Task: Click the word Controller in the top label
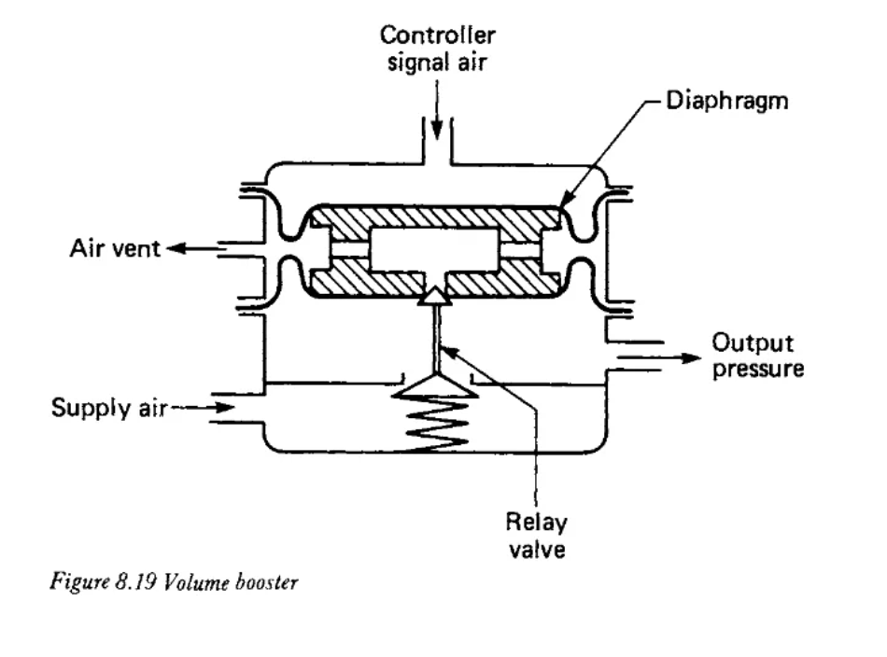437,35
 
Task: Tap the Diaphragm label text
727,102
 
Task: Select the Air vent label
115,248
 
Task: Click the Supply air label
109,408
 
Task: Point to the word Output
753,343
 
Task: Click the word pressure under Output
758,369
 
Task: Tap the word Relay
536,523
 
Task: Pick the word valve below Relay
537,549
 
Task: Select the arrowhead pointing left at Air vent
176,248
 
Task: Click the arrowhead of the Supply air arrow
225,407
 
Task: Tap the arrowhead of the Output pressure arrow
691,358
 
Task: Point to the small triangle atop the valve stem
434,296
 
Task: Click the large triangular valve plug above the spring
434,385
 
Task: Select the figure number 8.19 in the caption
135,581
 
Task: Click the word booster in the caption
266,581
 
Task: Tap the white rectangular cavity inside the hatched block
434,249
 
